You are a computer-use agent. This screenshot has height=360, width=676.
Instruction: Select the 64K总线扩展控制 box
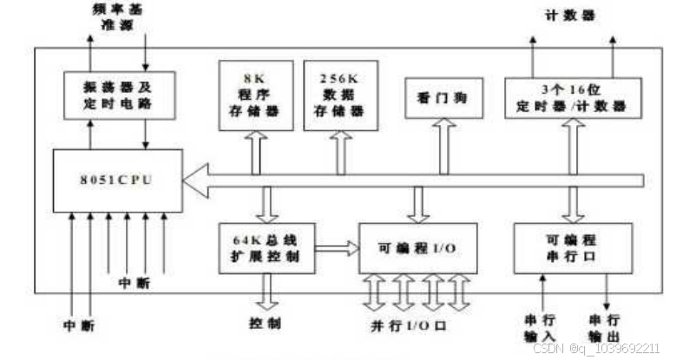coord(266,248)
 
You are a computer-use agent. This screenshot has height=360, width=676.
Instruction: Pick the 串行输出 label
coord(605,327)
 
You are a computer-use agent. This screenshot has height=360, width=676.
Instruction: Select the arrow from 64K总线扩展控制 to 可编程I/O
coord(337,248)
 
